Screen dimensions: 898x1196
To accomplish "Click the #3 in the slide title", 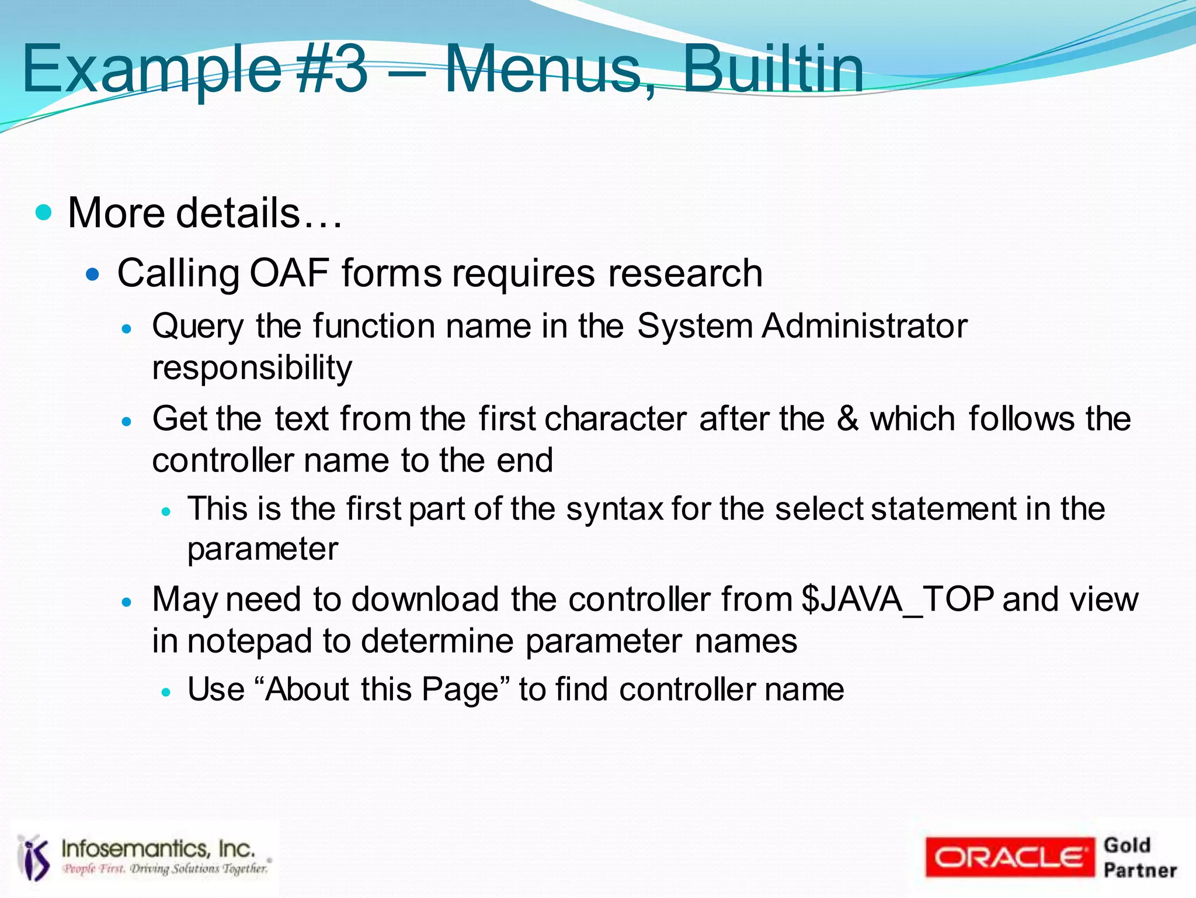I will coord(332,70).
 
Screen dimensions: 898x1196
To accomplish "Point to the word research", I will coord(685,273).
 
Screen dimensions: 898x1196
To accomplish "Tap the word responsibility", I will coord(252,368).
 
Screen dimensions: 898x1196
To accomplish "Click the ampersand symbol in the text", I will coord(847,419).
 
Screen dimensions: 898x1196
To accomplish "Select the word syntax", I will coord(614,508).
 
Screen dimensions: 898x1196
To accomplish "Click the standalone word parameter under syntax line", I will coord(262,549).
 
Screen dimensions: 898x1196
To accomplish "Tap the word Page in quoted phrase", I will coord(460,689).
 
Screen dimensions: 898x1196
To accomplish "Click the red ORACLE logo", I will coord(1009,857).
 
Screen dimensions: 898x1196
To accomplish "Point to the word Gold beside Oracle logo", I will coord(1127,845).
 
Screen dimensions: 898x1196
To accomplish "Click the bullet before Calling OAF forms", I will coord(93,273).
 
